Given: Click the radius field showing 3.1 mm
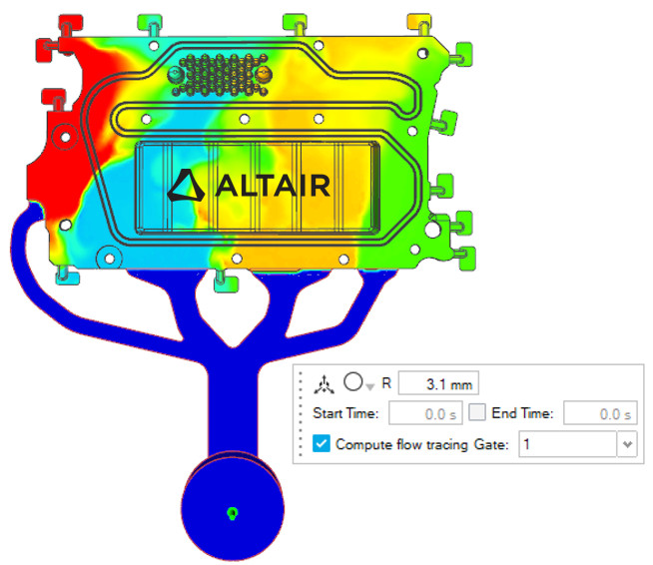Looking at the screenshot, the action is click(438, 383).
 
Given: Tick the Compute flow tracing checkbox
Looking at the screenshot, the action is click(322, 444).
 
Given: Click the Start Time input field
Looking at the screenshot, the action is click(425, 413).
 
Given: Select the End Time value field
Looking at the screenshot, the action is click(600, 413).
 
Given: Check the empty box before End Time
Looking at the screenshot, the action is click(477, 412).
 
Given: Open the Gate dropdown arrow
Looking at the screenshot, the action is click(627, 444).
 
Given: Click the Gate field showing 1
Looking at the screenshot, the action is click(567, 444).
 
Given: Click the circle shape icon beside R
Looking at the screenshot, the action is click(353, 381).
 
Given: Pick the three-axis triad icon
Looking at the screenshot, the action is click(324, 384).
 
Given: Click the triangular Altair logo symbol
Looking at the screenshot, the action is click(186, 186).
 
